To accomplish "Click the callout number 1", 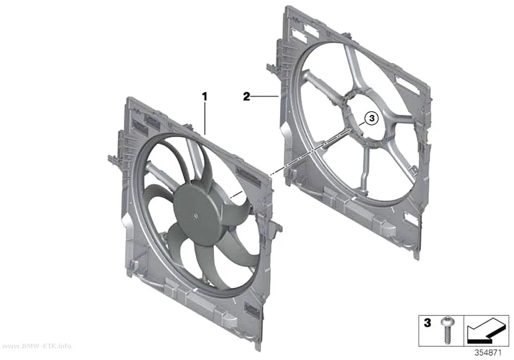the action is (x=205, y=96).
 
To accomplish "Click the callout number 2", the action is (x=247, y=96).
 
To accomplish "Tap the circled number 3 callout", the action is (x=372, y=118).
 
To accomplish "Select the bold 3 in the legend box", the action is (x=427, y=323).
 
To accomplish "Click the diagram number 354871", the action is (x=488, y=353).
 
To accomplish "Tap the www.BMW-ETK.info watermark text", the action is (x=36, y=346).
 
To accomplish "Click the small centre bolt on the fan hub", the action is (x=195, y=216).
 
